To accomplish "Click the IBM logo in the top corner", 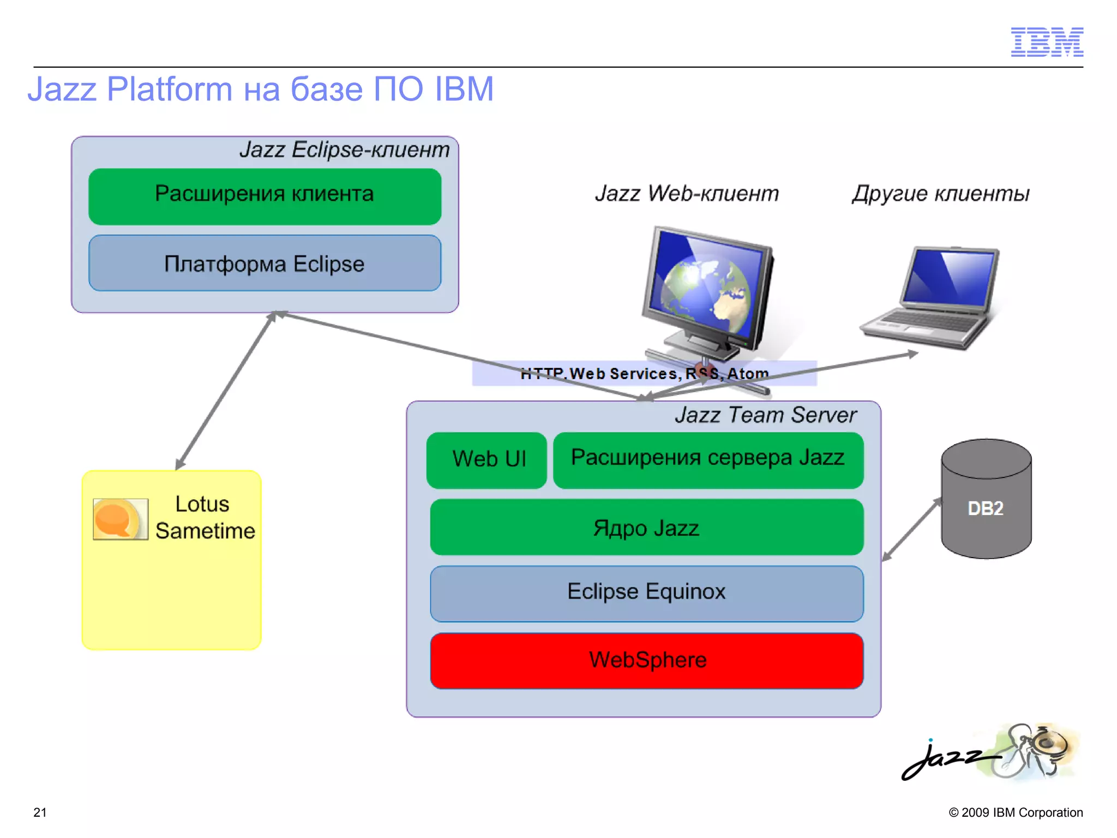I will pyautogui.click(x=1047, y=42).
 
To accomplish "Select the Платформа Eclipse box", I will pyautogui.click(x=265, y=264).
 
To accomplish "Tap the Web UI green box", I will pyautogui.click(x=487, y=460).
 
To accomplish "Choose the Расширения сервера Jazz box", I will pyautogui.click(x=707, y=460).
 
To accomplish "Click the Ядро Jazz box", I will pyautogui.click(x=646, y=528).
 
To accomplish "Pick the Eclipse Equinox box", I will pyautogui.click(x=646, y=593).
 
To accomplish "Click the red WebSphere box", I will pyautogui.click(x=646, y=660).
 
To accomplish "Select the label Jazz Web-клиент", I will pyautogui.click(x=687, y=194).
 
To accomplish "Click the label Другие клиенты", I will pyautogui.click(x=940, y=194).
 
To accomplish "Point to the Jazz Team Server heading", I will pyautogui.click(x=765, y=415).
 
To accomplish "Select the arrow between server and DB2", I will pyautogui.click(x=911, y=530).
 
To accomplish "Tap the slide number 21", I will pyautogui.click(x=40, y=812).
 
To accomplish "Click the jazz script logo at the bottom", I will pyautogui.click(x=949, y=758).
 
